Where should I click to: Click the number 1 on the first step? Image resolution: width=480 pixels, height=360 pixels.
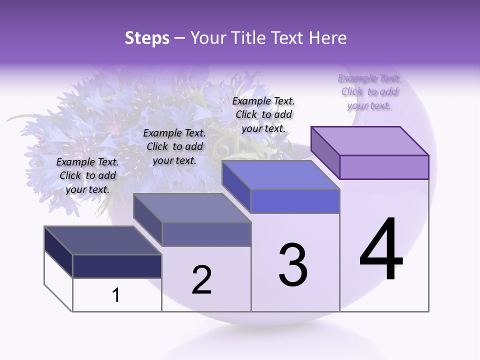click(x=116, y=295)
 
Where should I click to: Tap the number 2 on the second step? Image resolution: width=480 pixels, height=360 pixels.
click(x=201, y=280)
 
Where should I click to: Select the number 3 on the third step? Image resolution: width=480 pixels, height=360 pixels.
click(x=293, y=265)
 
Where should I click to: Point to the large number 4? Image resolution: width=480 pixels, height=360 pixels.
click(x=381, y=249)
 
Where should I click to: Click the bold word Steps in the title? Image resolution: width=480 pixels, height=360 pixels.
click(x=147, y=38)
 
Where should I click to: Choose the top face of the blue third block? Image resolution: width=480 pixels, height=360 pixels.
click(x=281, y=175)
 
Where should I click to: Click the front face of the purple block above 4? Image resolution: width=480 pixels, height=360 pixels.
click(x=384, y=167)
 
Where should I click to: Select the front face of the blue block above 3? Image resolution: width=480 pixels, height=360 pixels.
click(x=295, y=201)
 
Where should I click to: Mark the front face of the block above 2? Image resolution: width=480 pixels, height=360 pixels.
click(x=206, y=234)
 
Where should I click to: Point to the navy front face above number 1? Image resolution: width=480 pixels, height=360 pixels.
click(x=117, y=266)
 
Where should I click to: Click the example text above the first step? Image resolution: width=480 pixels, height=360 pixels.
click(x=87, y=175)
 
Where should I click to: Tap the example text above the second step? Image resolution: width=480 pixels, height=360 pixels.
click(x=174, y=146)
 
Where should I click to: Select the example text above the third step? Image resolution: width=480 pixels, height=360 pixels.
click(x=263, y=114)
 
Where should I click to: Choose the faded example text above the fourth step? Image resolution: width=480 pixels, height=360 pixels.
click(x=369, y=92)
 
